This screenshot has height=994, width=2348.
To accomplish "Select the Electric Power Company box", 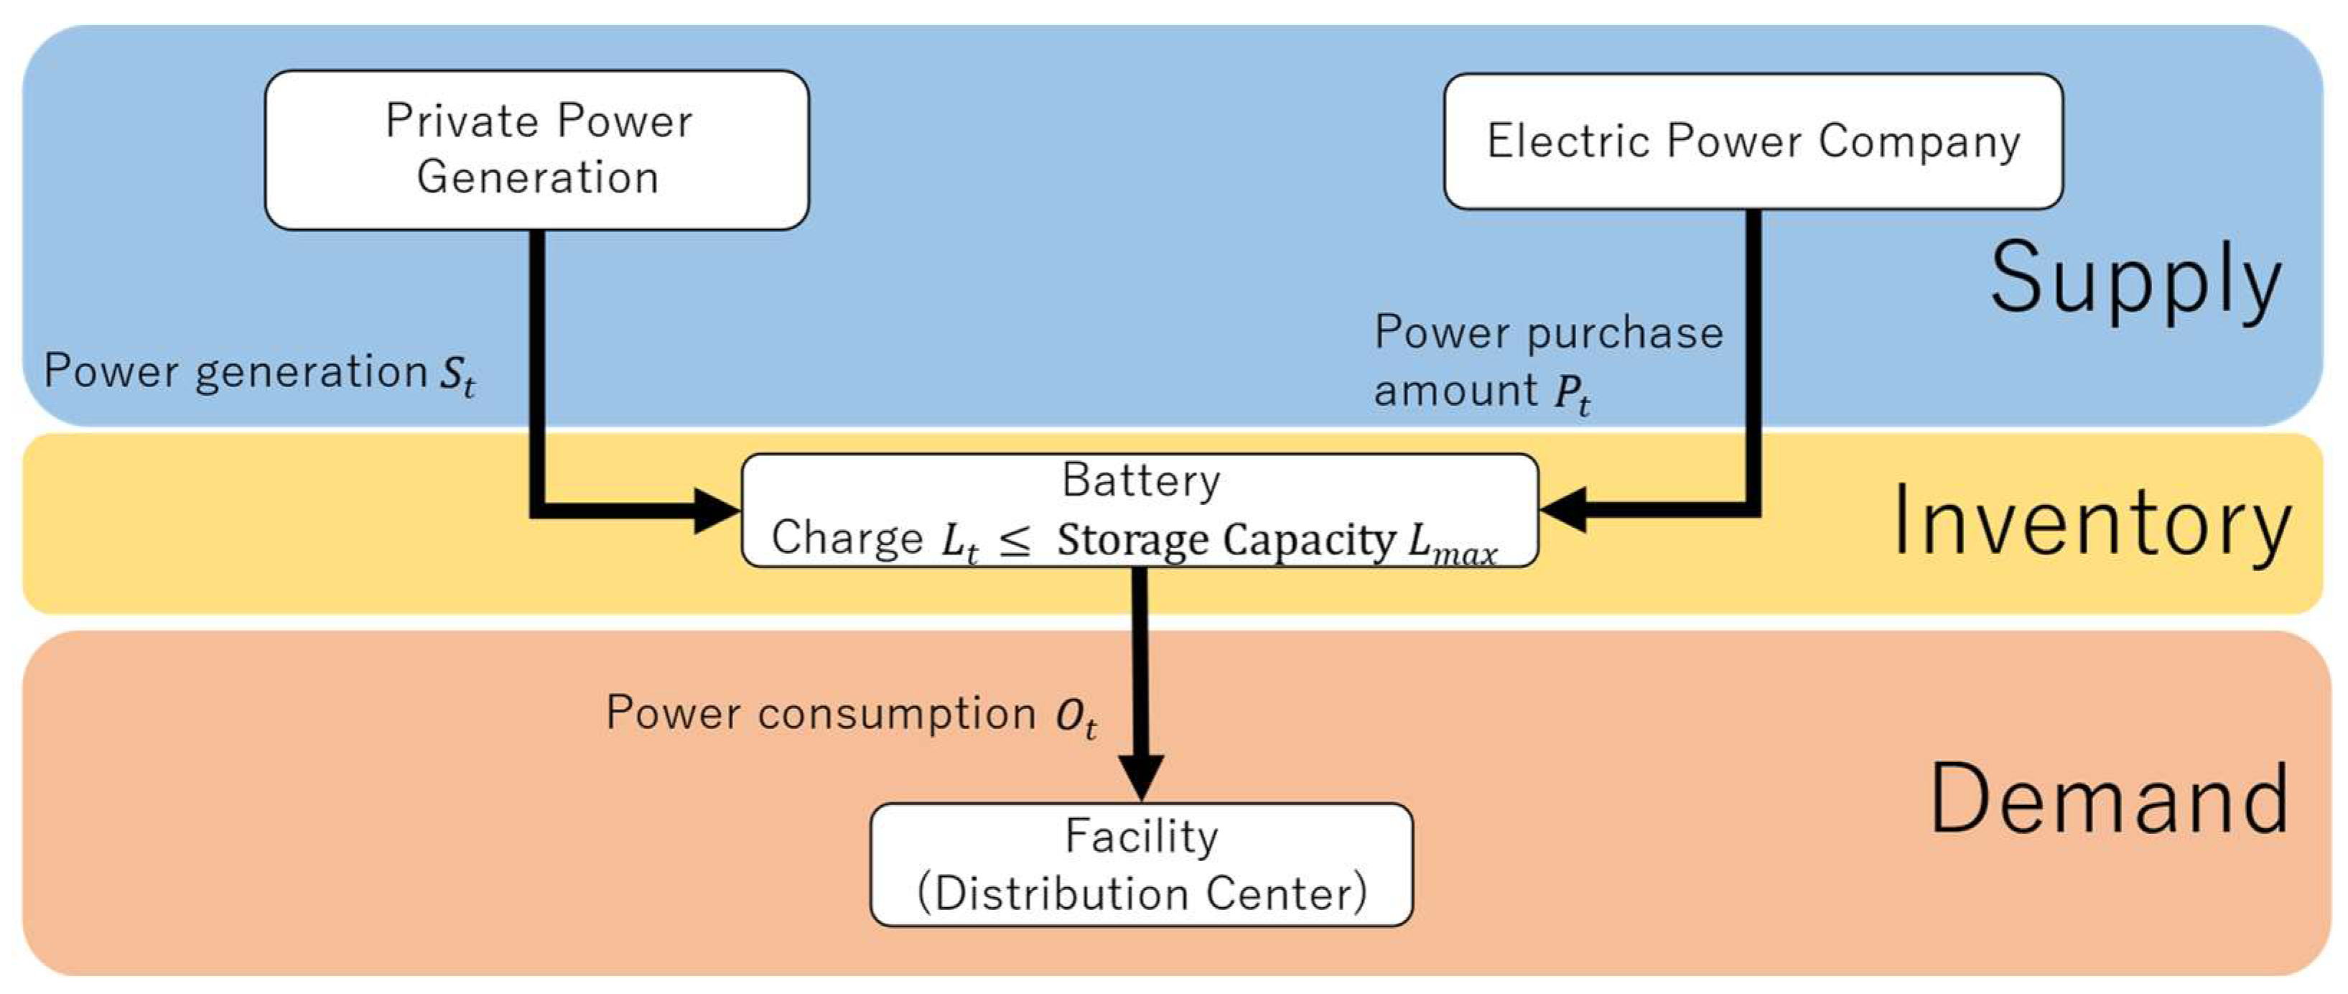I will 1753,141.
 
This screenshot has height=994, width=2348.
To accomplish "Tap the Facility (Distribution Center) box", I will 1141,865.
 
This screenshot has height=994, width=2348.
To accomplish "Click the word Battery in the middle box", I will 1141,480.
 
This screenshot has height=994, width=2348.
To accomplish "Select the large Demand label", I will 2108,800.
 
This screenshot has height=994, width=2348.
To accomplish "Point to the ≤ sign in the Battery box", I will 1015,541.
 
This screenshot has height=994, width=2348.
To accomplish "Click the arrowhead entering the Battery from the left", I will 717,511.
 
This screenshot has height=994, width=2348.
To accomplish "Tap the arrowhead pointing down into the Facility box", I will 1141,776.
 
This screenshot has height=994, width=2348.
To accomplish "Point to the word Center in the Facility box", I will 1286,893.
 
